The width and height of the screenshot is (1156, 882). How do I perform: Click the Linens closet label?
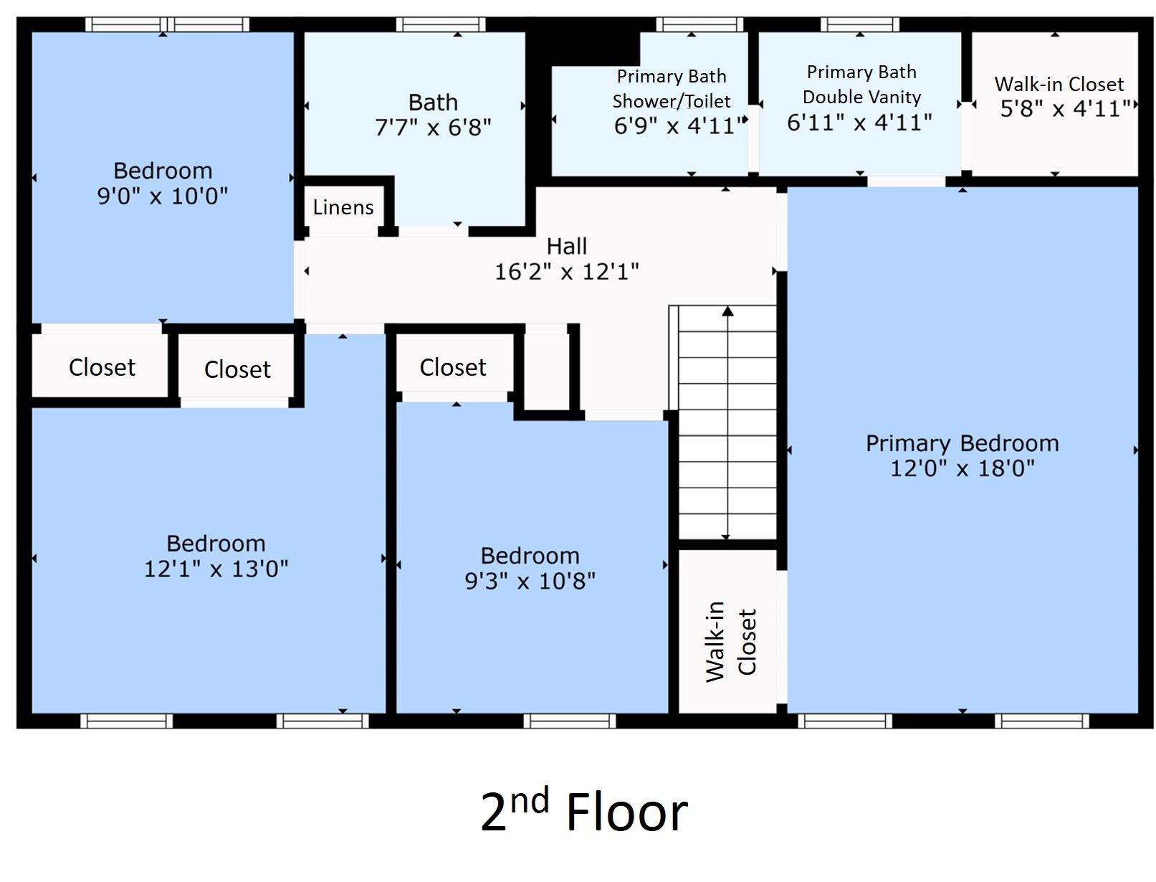[343, 207]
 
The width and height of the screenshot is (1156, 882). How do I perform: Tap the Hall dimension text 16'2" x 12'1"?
[567, 272]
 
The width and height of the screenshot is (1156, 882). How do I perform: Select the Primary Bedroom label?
[962, 444]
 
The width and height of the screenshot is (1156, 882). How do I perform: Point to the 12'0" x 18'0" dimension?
[962, 468]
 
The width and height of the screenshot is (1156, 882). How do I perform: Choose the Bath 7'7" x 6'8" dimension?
[432, 128]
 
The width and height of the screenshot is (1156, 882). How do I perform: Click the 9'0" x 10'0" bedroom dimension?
[162, 196]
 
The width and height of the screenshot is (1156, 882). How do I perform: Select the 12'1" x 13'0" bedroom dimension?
[216, 569]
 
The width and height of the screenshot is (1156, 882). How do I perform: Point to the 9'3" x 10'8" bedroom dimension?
[530, 581]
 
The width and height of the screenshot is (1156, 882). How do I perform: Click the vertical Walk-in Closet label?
[730, 641]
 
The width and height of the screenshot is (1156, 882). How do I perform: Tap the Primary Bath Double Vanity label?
[861, 85]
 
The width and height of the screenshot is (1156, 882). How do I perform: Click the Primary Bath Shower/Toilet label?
[671, 88]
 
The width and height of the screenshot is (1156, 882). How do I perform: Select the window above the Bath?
[440, 24]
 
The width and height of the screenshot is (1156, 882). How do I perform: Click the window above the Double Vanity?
[859, 24]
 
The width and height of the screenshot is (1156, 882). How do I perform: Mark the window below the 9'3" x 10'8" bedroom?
[569, 721]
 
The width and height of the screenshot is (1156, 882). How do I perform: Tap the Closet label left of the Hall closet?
[452, 367]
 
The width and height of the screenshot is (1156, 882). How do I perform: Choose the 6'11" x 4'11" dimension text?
[859, 123]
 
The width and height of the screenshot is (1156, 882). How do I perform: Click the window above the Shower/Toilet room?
[699, 24]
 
